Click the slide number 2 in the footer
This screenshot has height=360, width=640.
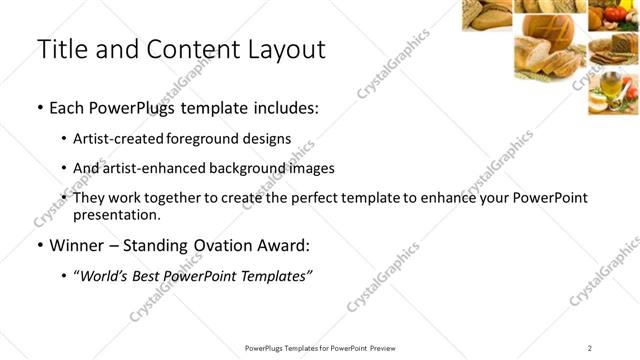[x=590, y=347]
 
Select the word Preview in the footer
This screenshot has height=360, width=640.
[x=382, y=347]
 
